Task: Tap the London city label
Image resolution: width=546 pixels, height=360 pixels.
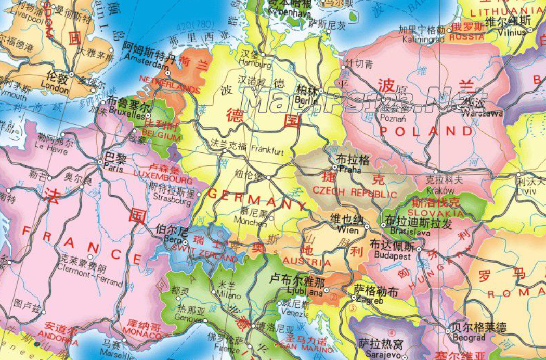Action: [x=54, y=88]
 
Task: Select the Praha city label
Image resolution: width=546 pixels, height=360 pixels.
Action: [x=349, y=170]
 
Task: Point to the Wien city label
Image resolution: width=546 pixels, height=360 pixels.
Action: [x=348, y=229]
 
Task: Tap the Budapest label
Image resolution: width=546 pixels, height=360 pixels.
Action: [x=389, y=256]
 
